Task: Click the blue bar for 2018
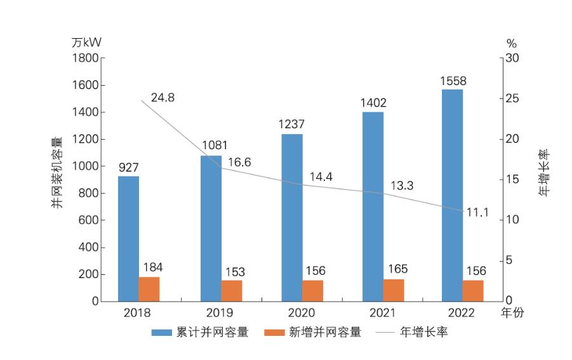128,238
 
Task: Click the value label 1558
452,81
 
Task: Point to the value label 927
128,168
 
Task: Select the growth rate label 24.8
163,98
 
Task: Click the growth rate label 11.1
477,213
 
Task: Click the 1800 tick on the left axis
86,58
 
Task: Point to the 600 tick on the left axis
90,220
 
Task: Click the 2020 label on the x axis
302,313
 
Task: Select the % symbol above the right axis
511,43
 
